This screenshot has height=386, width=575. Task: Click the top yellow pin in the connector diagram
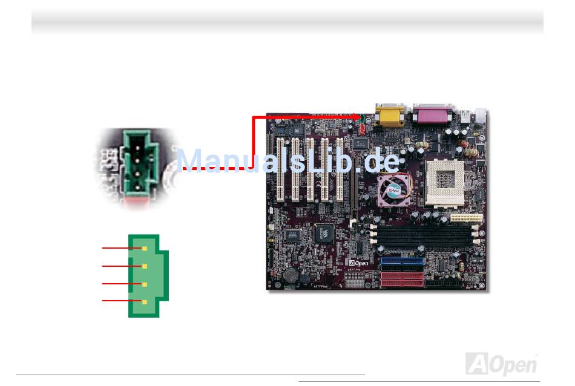click(144, 248)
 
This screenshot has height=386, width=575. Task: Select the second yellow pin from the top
click(144, 266)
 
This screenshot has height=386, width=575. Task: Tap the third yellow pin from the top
click(144, 284)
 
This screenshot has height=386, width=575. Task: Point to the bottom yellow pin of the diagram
click(144, 301)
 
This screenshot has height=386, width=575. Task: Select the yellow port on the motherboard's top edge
click(390, 116)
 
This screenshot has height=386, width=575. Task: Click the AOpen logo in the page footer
click(501, 365)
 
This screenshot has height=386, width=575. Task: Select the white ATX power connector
click(464, 218)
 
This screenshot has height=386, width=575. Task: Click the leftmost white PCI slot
click(281, 169)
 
